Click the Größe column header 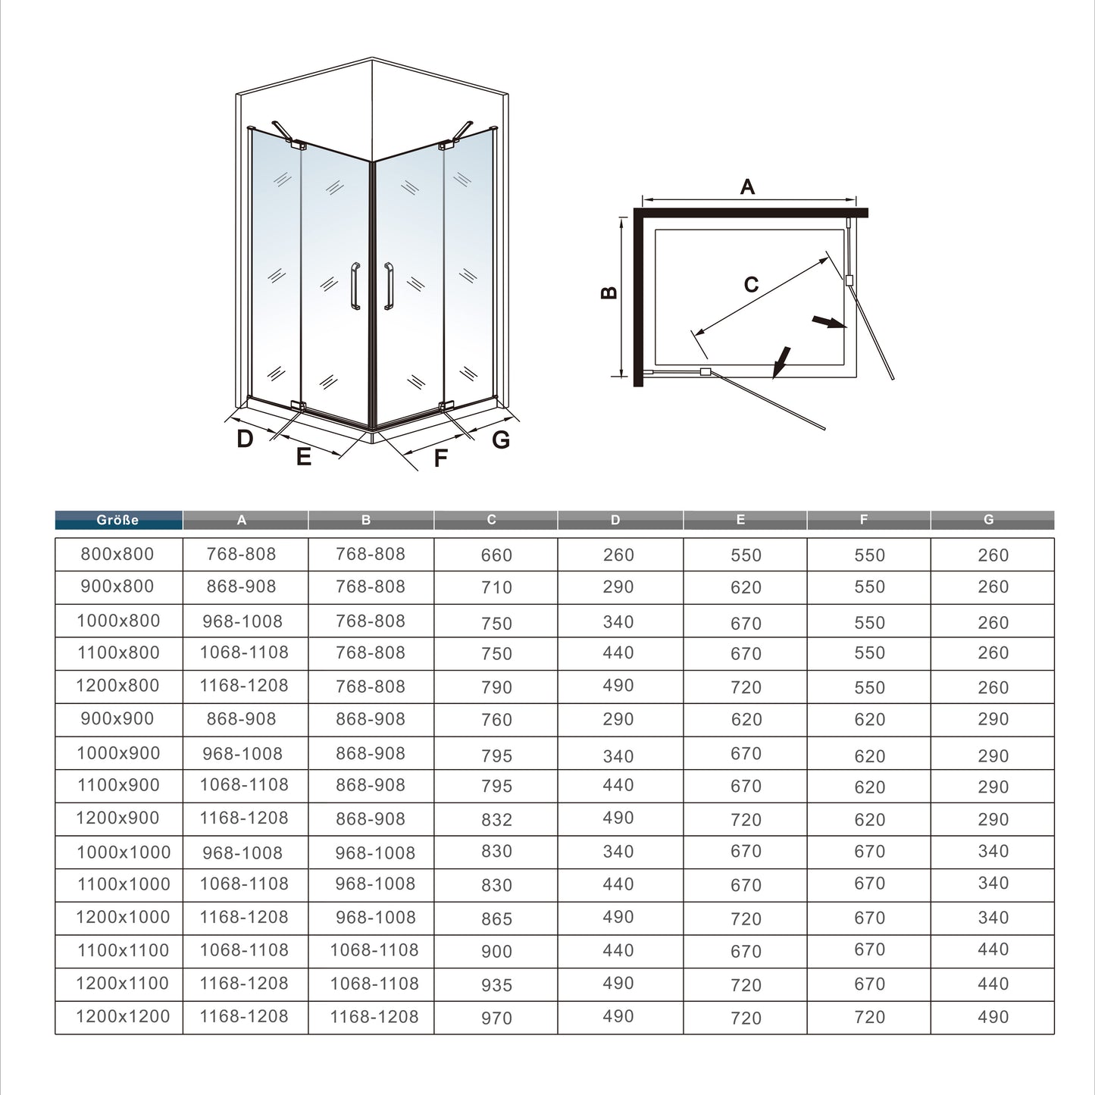pos(118,520)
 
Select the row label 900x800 pos(117,587)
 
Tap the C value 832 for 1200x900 pos(496,820)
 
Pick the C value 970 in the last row pos(496,1018)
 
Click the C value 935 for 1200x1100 pos(496,985)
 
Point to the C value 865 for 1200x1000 pos(496,919)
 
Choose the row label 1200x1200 pos(123,1017)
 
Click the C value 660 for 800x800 pos(496,555)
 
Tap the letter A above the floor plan pos(747,186)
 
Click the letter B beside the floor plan pos(609,293)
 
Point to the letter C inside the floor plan pos(751,285)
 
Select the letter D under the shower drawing pos(245,439)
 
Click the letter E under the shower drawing pos(304,457)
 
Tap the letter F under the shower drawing pos(440,458)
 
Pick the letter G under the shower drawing pos(501,440)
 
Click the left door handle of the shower pos(355,286)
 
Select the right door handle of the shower pos(389,286)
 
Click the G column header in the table pos(988,520)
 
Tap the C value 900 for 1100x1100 pos(496,952)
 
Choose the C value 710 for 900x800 pos(496,588)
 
